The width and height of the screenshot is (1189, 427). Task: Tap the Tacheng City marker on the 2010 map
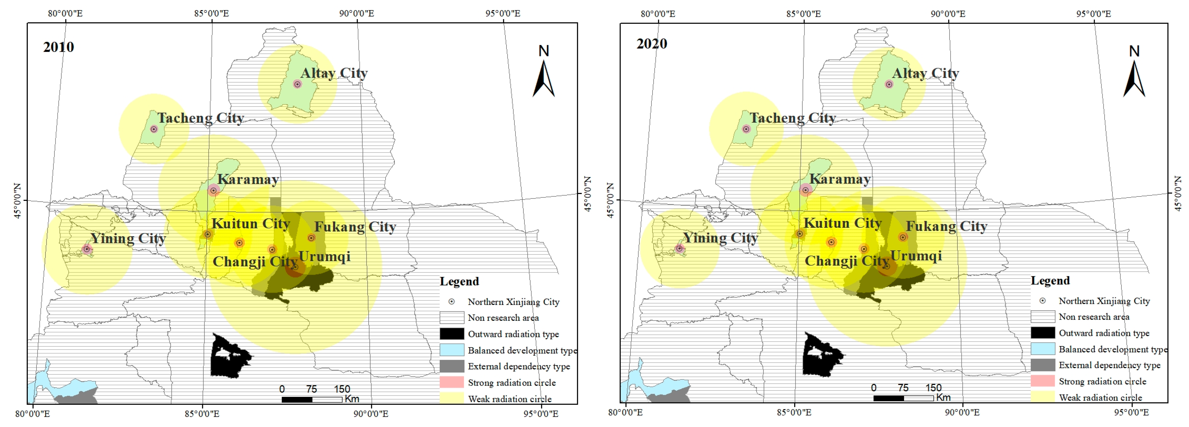154,129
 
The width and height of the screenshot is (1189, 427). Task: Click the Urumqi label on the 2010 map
324,257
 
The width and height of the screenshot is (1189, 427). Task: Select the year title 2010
59,47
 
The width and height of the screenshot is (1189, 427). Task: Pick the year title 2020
652,44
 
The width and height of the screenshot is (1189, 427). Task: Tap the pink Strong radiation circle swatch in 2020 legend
1043,381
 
